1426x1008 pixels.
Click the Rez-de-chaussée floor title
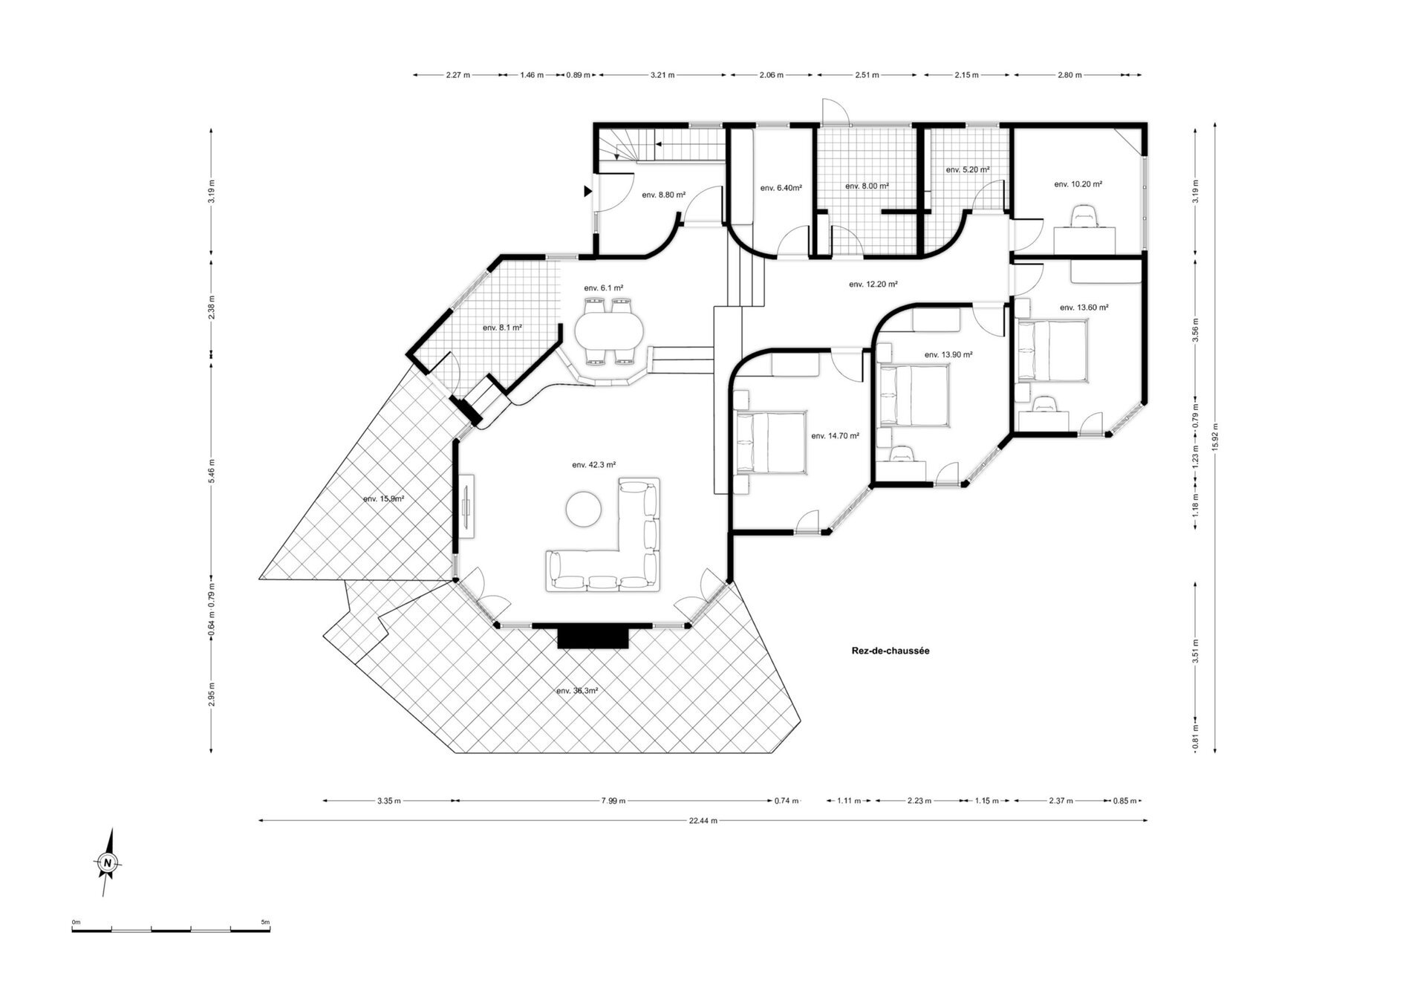point(891,651)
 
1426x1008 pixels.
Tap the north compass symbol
point(108,862)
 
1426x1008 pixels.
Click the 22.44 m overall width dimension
point(703,821)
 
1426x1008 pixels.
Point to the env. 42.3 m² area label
point(593,465)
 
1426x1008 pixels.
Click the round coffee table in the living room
point(584,510)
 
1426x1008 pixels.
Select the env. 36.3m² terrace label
point(577,691)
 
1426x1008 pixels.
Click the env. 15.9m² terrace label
point(383,499)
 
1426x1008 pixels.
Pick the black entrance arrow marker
point(587,192)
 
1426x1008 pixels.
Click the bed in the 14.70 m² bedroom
point(770,442)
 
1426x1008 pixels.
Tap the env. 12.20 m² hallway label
point(873,284)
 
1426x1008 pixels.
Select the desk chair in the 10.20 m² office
point(1085,216)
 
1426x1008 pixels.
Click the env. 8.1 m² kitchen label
point(501,328)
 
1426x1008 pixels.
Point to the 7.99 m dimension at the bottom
point(613,801)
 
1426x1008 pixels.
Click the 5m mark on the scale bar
point(267,923)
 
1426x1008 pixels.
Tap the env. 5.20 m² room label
point(967,170)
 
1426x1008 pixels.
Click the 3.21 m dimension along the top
point(662,75)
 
